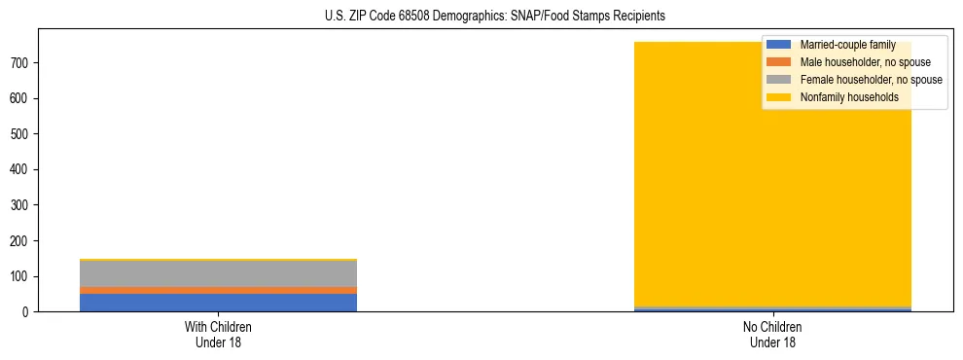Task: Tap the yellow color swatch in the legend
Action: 779,97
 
